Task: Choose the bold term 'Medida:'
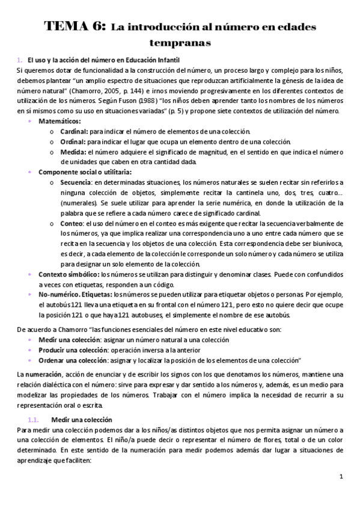(x=73, y=152)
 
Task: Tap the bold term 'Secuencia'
(x=76, y=182)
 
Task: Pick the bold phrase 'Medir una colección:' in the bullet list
(x=69, y=340)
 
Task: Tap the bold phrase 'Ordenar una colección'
(x=72, y=360)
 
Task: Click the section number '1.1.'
(x=34, y=419)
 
